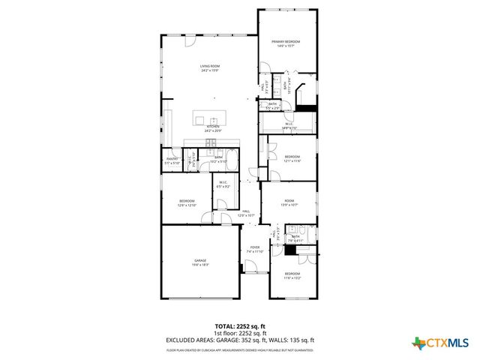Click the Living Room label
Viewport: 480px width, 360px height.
209,68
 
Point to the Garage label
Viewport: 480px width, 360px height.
200,260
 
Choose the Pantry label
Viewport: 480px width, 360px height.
172,160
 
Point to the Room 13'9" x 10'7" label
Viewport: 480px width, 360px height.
289,202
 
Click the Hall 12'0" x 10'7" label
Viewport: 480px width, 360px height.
246,214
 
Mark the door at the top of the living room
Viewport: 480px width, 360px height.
211,34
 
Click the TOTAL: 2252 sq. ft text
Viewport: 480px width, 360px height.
240,327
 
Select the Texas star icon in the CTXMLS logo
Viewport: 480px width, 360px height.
417,343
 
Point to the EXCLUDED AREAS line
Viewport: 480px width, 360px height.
240,340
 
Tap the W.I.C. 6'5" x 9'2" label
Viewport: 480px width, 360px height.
223,184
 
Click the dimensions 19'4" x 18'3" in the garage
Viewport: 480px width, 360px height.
200,265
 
